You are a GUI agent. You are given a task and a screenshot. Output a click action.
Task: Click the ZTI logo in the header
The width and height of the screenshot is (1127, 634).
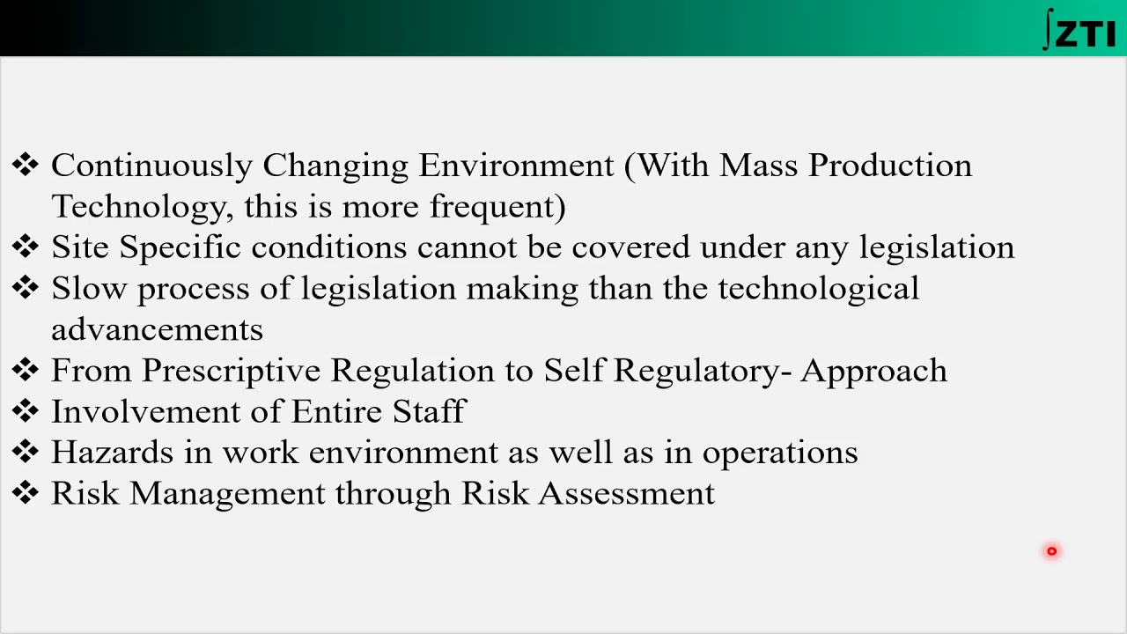(1079, 30)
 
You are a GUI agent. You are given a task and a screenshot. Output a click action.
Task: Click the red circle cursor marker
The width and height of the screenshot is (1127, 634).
(1051, 551)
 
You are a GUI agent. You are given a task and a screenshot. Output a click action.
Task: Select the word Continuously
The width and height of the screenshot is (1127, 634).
(151, 166)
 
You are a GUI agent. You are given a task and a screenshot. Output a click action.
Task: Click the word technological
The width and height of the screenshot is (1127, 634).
(818, 289)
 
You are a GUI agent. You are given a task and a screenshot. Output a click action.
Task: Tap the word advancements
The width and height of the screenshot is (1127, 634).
(157, 329)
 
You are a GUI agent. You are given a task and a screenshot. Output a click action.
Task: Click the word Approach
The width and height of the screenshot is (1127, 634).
(873, 371)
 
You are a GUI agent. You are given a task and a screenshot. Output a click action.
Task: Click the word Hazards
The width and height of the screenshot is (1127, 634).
(113, 453)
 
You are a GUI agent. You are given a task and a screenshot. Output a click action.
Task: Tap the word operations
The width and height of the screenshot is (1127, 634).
(779, 453)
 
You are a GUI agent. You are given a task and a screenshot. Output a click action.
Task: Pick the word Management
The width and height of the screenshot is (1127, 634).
(227, 493)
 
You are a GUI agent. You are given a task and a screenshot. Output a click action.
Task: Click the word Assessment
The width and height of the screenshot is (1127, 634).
(626, 493)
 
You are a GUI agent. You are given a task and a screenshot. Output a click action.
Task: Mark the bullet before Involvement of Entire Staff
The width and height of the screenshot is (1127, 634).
(26, 410)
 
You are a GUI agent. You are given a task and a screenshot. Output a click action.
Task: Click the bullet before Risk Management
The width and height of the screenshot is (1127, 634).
(26, 492)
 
